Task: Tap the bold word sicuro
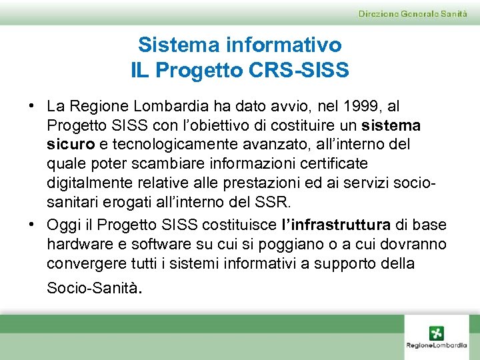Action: [x=70, y=145]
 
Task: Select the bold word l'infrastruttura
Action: [x=337, y=225]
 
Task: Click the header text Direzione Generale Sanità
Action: [x=413, y=14]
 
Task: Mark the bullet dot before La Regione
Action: [x=31, y=107]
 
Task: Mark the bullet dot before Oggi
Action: [x=31, y=225]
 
